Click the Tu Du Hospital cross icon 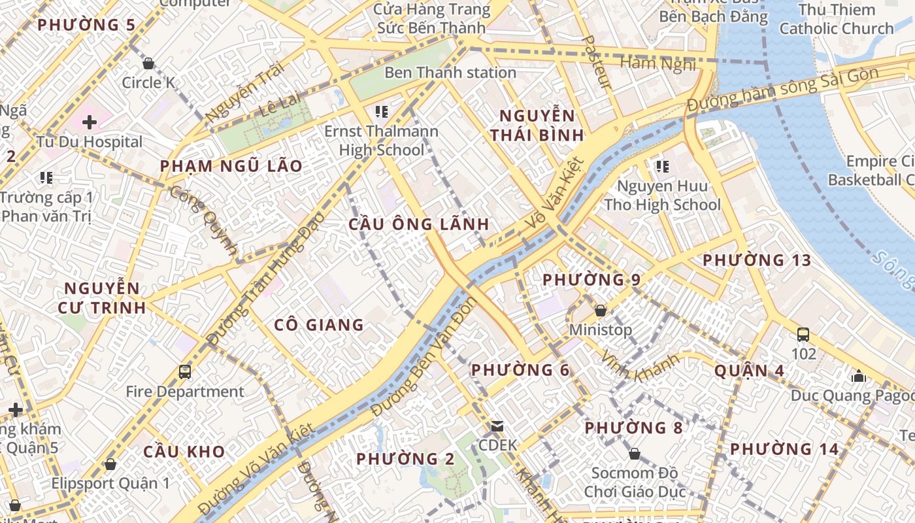tap(90, 122)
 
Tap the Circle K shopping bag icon tap(148, 63)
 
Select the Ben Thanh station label tap(450, 73)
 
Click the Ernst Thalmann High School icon tap(381, 112)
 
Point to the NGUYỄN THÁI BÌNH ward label tap(537, 126)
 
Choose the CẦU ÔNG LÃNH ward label tap(419, 224)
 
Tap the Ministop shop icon tap(600, 311)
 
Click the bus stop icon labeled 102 tap(803, 335)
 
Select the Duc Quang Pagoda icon tap(859, 376)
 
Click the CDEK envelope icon tap(497, 426)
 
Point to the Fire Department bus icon tap(185, 372)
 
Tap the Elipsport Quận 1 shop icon tap(110, 464)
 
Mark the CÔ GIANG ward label tap(318, 325)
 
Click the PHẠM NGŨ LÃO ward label tap(231, 166)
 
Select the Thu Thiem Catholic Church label tap(836, 19)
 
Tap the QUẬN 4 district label tap(749, 371)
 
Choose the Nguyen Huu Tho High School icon tap(663, 167)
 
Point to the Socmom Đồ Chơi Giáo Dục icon tap(634, 454)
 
